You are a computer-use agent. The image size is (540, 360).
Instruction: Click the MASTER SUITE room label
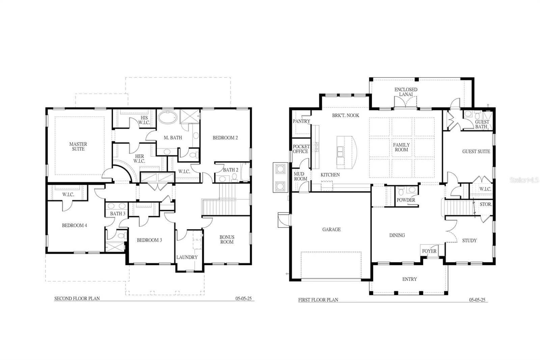click(78, 147)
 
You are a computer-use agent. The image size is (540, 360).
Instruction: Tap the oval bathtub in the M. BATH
click(168, 117)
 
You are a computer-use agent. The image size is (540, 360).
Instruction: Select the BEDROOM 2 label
click(225, 138)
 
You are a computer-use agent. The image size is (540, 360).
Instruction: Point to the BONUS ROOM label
click(227, 239)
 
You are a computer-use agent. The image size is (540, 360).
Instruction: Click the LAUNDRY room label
click(187, 257)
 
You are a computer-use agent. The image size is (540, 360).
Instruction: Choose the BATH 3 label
click(118, 213)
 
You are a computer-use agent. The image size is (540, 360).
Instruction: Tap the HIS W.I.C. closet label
click(144, 120)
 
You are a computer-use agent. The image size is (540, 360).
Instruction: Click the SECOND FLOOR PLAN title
click(77, 299)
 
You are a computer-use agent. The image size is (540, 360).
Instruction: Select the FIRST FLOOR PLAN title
click(318, 300)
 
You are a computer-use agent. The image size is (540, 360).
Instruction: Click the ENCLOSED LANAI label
click(406, 92)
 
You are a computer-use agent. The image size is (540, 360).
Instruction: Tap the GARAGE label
click(331, 229)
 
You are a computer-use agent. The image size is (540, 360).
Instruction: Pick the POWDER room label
click(406, 200)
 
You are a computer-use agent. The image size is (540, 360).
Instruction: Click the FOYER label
click(429, 251)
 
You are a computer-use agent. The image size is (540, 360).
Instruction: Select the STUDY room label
click(469, 240)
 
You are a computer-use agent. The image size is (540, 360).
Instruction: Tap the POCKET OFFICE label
click(301, 149)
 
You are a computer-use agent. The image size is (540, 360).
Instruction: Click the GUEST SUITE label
click(476, 152)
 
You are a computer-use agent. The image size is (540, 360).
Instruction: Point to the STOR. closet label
click(486, 204)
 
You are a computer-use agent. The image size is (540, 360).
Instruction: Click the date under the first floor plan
click(477, 300)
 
